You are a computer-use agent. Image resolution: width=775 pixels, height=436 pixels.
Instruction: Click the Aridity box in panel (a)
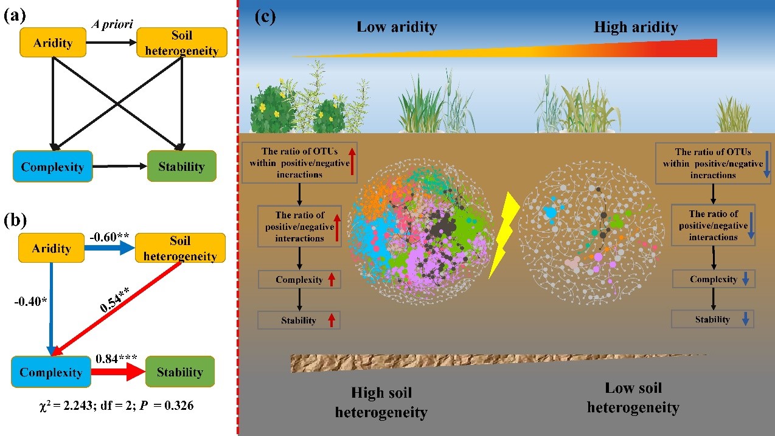pos(53,43)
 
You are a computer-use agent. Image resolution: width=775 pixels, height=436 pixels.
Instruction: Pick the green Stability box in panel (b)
pos(179,372)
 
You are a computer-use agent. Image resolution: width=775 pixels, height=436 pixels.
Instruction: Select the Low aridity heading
pos(397,27)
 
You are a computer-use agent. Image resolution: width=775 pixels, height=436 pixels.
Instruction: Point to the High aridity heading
pos(636,27)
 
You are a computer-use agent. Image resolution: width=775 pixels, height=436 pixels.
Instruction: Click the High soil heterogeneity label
pos(389,403)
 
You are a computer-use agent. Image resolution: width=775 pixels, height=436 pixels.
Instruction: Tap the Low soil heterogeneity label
pos(633,398)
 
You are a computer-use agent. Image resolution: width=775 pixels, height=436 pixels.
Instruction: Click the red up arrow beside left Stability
pos(331,320)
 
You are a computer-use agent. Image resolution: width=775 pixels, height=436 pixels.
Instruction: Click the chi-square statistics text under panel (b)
pos(115,406)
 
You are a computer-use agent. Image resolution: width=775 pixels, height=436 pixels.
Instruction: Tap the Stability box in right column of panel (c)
pos(712,319)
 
